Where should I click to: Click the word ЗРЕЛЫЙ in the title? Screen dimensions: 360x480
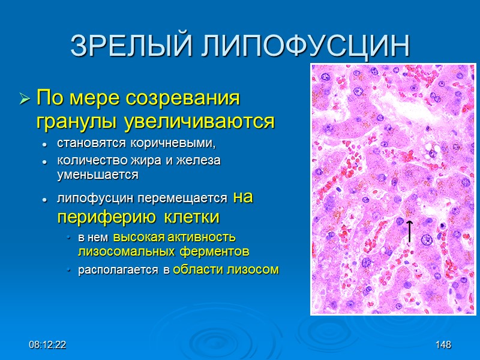tap(124, 46)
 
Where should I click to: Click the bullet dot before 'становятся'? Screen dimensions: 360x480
tap(44, 145)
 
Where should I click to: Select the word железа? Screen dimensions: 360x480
tap(199, 161)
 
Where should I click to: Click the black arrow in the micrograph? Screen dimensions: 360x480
tap(410, 231)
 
